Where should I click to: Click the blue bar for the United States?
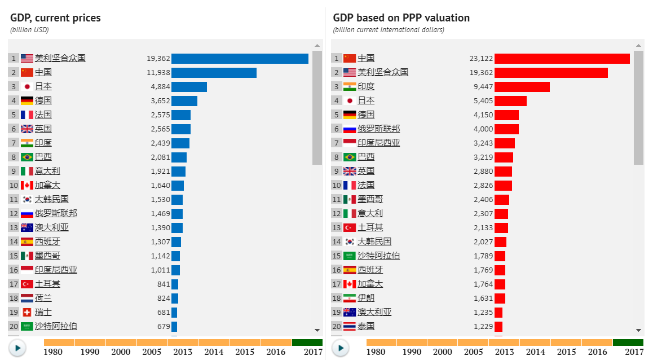pyautogui.click(x=240, y=58)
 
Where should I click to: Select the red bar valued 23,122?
pyautogui.click(x=562, y=58)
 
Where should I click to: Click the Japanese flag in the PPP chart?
pyautogui.click(x=350, y=100)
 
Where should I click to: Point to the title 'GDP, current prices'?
pyautogui.click(x=55, y=18)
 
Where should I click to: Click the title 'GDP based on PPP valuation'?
pyautogui.click(x=401, y=18)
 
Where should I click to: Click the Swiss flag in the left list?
pyautogui.click(x=27, y=312)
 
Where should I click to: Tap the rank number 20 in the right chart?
pyautogui.click(x=336, y=326)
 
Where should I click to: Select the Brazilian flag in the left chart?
pyautogui.click(x=27, y=157)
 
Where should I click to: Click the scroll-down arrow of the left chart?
pyautogui.click(x=317, y=330)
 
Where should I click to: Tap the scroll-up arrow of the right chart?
pyautogui.click(x=639, y=45)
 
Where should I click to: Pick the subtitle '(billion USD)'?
pyautogui.click(x=29, y=30)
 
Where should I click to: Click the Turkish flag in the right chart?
pyautogui.click(x=350, y=227)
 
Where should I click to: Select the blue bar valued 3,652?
pyautogui.click(x=184, y=100)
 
